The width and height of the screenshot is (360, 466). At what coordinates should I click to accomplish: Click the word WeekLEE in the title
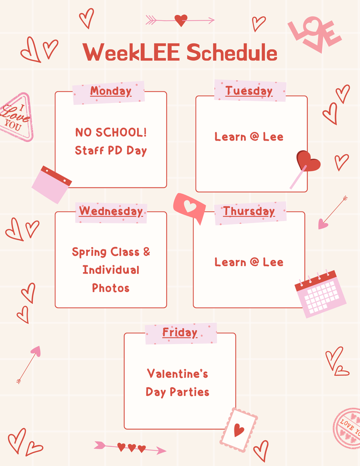(131, 52)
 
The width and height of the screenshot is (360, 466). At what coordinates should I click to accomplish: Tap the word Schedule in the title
(232, 52)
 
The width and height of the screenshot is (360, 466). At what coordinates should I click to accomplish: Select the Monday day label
(111, 91)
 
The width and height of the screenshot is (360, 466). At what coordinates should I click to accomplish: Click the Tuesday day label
(249, 91)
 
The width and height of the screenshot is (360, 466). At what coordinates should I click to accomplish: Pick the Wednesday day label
(111, 211)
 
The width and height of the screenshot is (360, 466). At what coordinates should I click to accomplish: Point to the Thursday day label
(249, 211)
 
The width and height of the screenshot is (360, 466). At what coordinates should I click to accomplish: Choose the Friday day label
(180, 332)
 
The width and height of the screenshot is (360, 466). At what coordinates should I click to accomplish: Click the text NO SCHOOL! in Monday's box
(111, 132)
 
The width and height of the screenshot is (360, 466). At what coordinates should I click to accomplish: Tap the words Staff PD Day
(111, 150)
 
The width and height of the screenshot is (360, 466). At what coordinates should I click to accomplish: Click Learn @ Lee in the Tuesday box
(249, 137)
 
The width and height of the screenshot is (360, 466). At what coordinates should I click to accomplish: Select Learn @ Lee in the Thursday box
(249, 262)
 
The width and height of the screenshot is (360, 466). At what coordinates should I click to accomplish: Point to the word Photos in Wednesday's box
(111, 288)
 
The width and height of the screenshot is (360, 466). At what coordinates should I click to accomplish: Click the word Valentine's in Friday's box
(177, 374)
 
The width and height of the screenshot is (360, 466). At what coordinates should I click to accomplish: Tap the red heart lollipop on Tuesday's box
(307, 162)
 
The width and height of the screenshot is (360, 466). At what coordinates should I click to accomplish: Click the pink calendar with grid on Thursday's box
(320, 294)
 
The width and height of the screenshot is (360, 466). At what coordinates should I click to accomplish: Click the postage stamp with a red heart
(239, 430)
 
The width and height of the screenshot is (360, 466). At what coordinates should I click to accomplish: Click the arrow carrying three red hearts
(130, 447)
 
